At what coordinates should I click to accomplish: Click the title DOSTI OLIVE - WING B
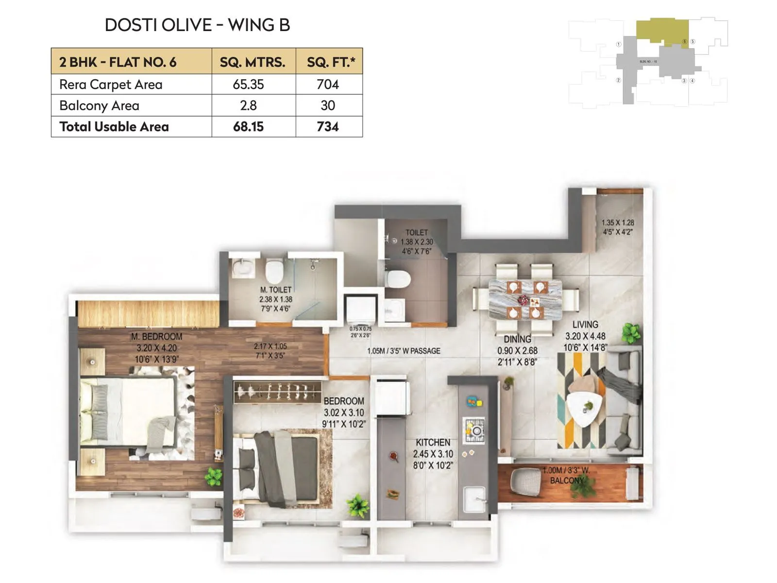(197, 25)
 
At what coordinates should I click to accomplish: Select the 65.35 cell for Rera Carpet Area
(248, 85)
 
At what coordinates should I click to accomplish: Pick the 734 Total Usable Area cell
(328, 127)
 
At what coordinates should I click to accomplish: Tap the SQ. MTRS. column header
(253, 62)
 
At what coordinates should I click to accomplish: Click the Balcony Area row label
(99, 105)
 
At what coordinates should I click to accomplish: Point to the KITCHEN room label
(433, 443)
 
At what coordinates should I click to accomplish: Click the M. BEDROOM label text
(156, 337)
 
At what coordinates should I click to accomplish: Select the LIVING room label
(585, 325)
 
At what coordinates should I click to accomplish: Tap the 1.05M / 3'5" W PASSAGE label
(404, 351)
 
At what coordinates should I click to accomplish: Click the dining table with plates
(525, 299)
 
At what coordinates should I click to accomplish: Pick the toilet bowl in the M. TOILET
(274, 272)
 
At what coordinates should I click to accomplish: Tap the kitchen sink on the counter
(474, 499)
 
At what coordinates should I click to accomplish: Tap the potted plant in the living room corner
(631, 333)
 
